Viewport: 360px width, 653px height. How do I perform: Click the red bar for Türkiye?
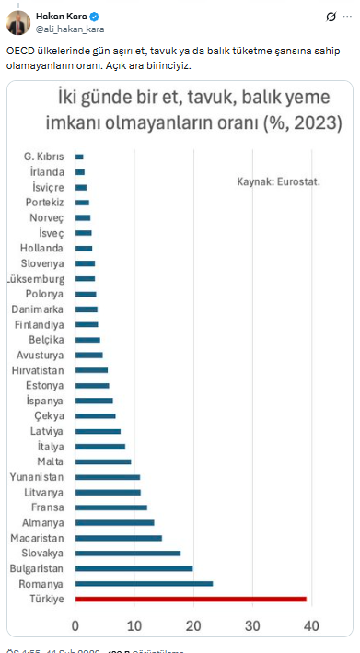[191, 599]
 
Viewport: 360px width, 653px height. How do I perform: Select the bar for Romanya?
[144, 584]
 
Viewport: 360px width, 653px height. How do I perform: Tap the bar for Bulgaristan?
[134, 568]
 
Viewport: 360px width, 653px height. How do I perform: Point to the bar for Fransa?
[110, 507]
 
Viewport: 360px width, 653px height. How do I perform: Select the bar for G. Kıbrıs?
[79, 157]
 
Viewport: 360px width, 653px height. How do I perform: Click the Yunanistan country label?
[37, 477]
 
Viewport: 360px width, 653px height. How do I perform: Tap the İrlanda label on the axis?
[46, 172]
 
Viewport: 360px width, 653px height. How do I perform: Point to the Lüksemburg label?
[36, 279]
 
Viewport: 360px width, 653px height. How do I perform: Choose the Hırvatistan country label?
[37, 370]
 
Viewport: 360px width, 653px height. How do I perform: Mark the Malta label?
[51, 461]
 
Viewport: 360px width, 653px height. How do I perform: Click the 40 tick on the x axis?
[311, 627]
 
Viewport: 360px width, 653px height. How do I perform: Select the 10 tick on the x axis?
[134, 627]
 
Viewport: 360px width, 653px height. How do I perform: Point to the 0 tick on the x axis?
[75, 627]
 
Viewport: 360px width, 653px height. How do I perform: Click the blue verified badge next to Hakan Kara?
[93, 17]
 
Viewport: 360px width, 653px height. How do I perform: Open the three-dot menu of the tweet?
[347, 17]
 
